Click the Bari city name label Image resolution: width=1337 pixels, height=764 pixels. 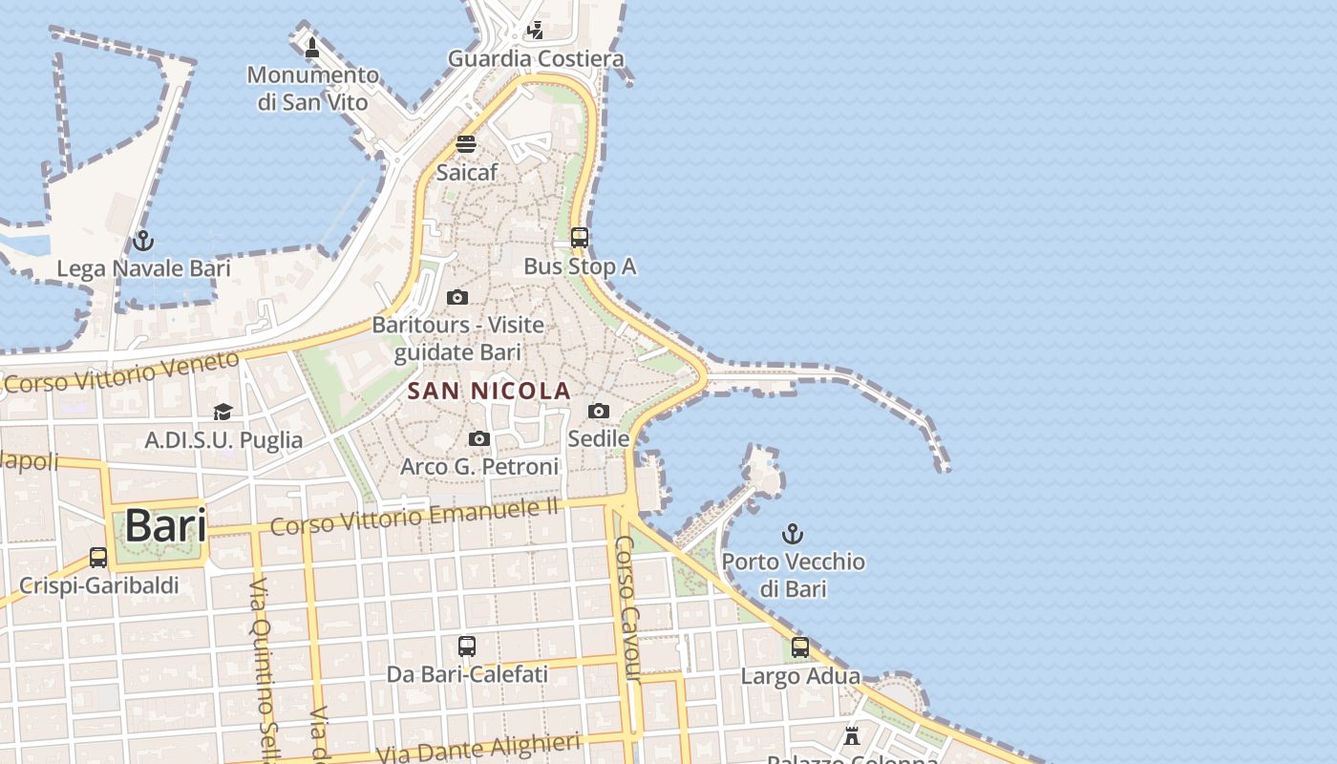tap(165, 525)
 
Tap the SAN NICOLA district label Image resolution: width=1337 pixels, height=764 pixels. tap(489, 391)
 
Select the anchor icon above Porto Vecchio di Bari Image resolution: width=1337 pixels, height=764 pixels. tap(793, 533)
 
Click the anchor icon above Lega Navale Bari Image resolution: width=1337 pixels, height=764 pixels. tap(143, 240)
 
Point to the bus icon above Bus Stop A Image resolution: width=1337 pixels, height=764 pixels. tap(580, 237)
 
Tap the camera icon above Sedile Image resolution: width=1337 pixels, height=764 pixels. tap(599, 411)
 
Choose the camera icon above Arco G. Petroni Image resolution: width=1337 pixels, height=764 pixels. tap(479, 438)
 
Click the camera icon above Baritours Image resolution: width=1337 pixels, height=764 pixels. tap(457, 297)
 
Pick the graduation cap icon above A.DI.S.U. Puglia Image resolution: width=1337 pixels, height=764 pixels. tap(223, 412)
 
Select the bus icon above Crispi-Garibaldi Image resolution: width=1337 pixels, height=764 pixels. tap(98, 558)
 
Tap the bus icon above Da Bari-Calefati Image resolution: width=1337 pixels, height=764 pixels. tap(467, 647)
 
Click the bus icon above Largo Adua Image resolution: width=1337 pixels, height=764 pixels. tap(800, 647)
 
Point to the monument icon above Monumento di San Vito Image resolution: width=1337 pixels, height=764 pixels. tap(312, 47)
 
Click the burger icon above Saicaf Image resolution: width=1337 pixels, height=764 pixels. tap(466, 144)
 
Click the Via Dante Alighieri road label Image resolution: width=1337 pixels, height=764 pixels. tap(478, 747)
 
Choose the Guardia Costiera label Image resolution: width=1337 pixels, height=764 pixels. tap(536, 58)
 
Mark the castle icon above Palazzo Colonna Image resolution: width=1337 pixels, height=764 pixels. tap(852, 735)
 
